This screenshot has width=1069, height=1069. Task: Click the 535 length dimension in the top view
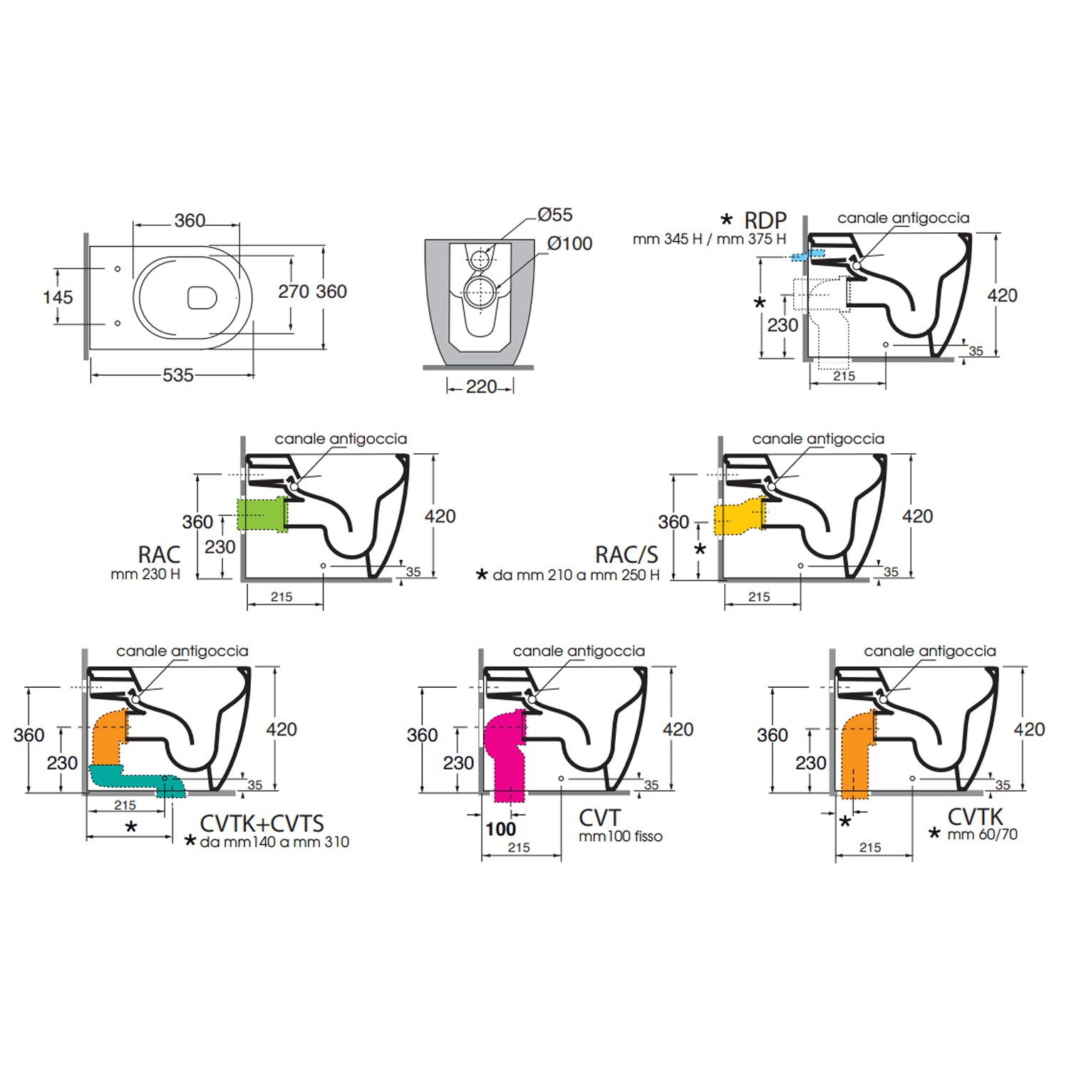click(178, 375)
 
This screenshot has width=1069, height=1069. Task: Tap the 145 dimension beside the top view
click(58, 297)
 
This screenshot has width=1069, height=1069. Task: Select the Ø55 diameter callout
click(555, 215)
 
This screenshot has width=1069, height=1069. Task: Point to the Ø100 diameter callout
click(570, 244)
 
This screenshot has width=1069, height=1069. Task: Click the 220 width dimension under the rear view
click(481, 387)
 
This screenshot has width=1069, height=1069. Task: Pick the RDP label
click(765, 221)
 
